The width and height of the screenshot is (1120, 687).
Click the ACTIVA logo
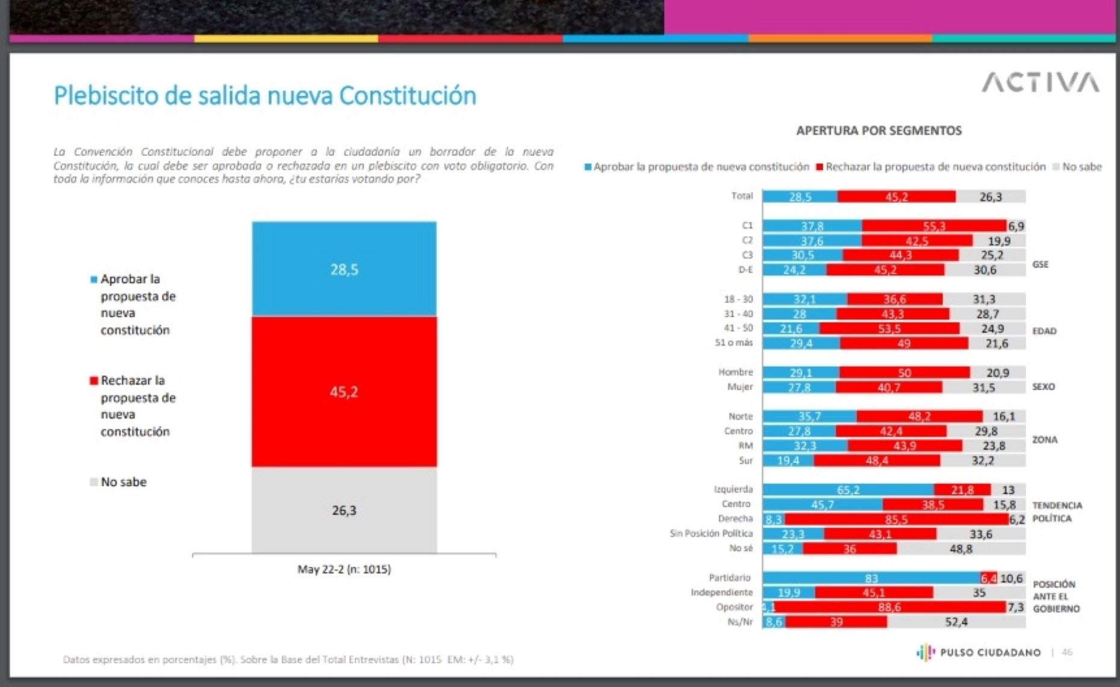pos(1040,82)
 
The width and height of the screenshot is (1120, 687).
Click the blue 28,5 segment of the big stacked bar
pos(344,269)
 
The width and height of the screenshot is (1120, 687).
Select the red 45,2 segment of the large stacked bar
pos(344,391)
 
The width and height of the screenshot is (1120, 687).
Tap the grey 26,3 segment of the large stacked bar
pos(344,510)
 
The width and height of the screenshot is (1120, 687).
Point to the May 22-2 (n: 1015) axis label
pos(344,569)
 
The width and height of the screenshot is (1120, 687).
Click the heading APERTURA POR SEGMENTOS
pos(879,131)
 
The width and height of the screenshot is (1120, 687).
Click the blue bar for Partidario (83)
pos(871,578)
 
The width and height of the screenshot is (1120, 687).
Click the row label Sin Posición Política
pos(711,533)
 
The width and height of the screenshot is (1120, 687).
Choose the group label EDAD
pos(1044,331)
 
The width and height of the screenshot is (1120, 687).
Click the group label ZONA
pos(1045,440)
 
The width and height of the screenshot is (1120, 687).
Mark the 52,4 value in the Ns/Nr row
pos(956,621)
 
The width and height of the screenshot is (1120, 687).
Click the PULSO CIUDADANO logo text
pos(990,652)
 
